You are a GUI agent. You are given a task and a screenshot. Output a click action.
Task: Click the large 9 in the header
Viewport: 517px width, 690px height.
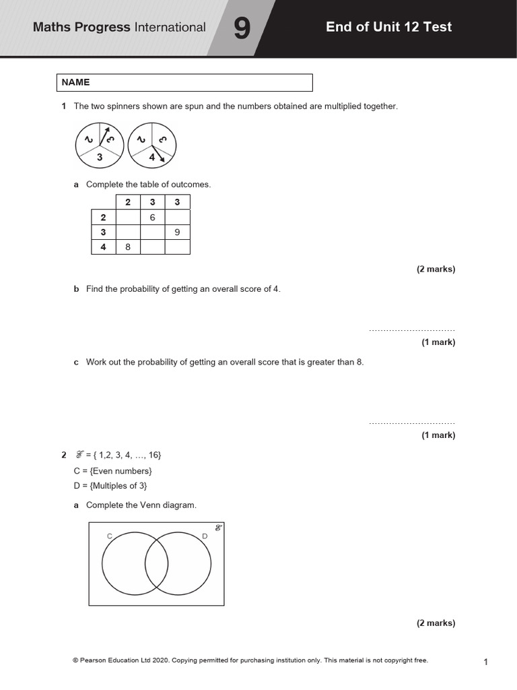point(240,28)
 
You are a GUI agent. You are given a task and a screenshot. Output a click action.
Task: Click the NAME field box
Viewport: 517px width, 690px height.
point(184,82)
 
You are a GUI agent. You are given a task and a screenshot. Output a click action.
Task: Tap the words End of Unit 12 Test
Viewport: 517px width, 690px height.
point(388,27)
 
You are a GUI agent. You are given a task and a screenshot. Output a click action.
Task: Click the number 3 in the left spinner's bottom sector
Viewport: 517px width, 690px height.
point(99,156)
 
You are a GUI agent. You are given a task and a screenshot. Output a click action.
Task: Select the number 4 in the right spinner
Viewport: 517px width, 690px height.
point(151,157)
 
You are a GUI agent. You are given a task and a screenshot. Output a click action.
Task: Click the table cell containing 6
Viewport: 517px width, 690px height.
point(153,217)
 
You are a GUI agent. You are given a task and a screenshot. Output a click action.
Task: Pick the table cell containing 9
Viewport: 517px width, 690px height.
point(177,232)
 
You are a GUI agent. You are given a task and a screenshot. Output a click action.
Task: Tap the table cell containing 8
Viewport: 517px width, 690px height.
point(128,247)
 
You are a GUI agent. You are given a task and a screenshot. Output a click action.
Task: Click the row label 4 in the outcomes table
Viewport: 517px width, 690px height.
point(103,247)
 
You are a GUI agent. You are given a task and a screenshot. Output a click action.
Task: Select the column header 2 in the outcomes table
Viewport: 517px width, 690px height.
point(128,202)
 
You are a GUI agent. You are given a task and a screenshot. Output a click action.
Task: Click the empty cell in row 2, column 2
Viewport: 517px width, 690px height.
point(128,217)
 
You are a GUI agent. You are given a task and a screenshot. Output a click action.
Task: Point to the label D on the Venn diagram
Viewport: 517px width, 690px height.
point(205,536)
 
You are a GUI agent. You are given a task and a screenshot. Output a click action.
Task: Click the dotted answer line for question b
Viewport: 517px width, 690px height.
point(412,330)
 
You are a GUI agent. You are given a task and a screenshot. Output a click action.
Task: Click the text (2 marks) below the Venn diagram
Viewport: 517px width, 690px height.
point(436,623)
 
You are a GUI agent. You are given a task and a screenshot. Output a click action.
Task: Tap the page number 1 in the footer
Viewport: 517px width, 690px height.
point(485,662)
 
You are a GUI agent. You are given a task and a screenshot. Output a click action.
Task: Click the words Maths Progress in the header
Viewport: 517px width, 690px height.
point(82,28)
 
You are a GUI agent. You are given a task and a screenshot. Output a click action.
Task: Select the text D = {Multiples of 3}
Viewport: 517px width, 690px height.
point(110,485)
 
